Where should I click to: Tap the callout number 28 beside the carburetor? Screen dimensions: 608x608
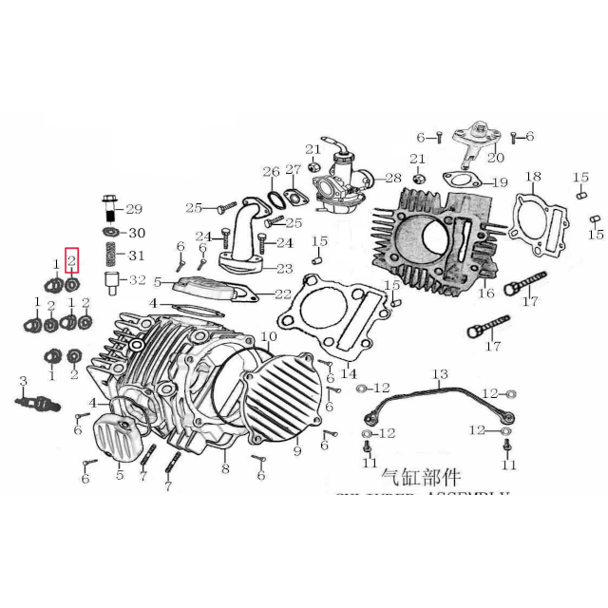[x=392, y=179]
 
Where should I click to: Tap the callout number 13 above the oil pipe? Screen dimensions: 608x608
[x=439, y=373]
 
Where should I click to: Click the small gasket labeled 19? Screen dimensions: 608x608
[x=460, y=180]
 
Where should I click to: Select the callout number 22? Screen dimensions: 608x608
[x=282, y=294]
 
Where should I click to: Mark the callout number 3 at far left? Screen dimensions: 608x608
[x=23, y=381]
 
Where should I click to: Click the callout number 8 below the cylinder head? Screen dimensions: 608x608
[x=225, y=468]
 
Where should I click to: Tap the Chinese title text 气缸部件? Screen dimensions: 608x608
[x=419, y=476]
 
